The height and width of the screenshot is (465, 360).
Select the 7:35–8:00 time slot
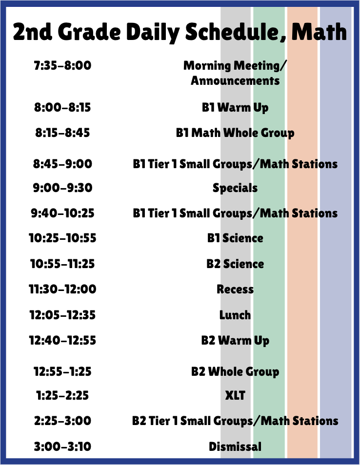click(62, 65)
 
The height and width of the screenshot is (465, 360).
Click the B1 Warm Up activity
click(235, 107)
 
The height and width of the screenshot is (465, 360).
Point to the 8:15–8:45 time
click(62, 133)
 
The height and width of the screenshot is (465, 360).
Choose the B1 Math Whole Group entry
click(235, 133)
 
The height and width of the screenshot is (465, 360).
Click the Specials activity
click(235, 188)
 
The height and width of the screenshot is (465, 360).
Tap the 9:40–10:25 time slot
click(62, 213)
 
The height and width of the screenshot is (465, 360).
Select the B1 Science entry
click(235, 238)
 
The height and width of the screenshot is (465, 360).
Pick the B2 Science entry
click(235, 264)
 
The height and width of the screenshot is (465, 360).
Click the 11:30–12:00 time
click(62, 289)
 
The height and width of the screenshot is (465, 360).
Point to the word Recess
click(235, 289)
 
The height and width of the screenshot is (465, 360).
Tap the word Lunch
click(235, 315)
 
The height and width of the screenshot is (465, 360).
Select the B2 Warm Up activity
click(235, 340)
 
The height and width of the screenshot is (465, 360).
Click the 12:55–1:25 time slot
click(62, 371)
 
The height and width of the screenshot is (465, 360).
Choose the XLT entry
click(235, 395)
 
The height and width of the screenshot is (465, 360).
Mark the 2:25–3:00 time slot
click(62, 421)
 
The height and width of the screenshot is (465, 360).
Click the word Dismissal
click(235, 446)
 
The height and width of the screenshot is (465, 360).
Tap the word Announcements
click(235, 80)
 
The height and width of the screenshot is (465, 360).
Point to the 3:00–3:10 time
click(62, 446)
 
